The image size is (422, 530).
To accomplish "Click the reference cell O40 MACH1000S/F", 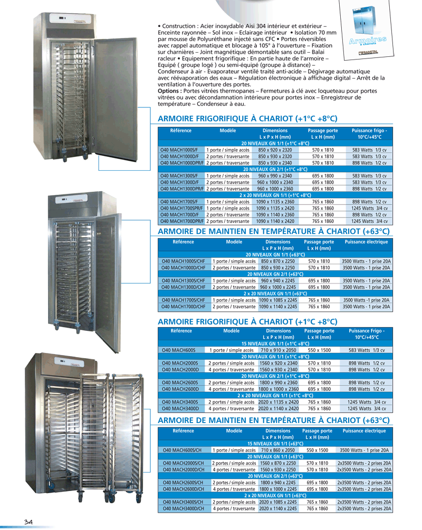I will pos(179,150).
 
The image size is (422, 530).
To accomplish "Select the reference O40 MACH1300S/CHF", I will pos(184,281).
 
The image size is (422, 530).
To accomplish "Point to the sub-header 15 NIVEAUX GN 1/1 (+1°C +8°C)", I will pos(275,343).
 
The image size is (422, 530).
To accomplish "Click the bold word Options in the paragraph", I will pos(170,91).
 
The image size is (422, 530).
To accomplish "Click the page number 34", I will pos(28,522).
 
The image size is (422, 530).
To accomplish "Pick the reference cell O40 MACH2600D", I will pos(179,388).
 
